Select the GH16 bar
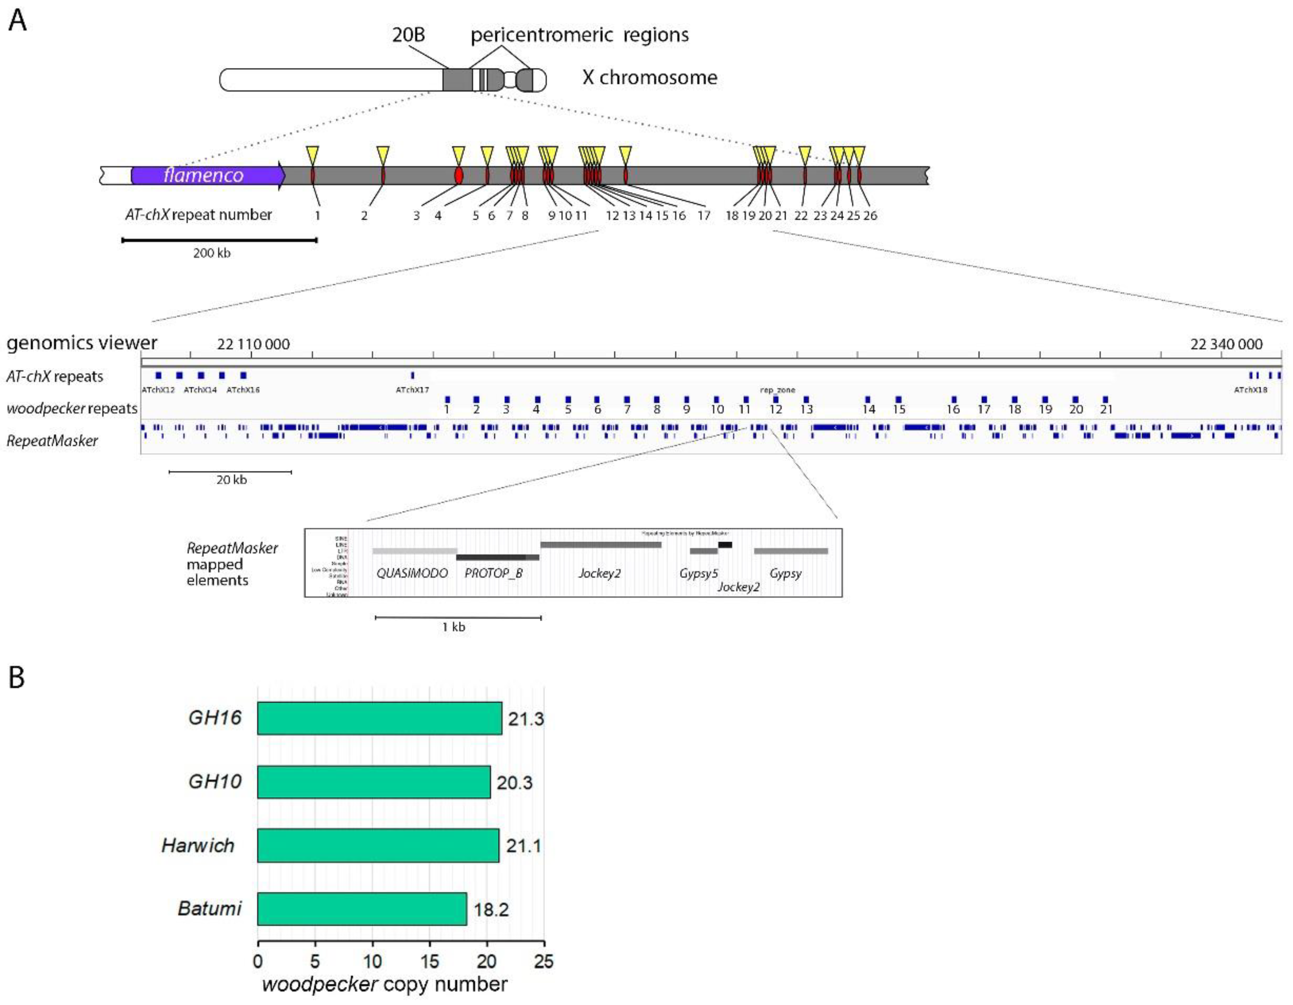coord(379,718)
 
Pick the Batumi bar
coord(362,909)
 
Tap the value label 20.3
coord(514,782)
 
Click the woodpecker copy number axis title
coord(385,984)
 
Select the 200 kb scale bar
coord(219,240)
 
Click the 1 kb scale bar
coord(458,618)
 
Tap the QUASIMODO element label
coord(412,573)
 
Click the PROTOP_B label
coord(493,573)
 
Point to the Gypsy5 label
coord(699,573)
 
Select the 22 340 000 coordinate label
coord(1226,344)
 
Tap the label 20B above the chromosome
coord(408,34)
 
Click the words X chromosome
coord(650,78)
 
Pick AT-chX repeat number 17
coord(703,215)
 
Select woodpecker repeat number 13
coord(806,409)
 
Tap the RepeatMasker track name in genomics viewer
coord(52,440)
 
